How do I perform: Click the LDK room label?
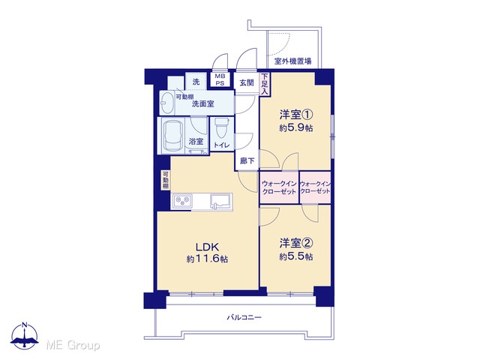pyautogui.click(x=207, y=247)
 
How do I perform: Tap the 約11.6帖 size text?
pyautogui.click(x=207, y=259)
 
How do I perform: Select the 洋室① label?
pyautogui.click(x=295, y=115)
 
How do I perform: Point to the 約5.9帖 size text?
pyautogui.click(x=295, y=128)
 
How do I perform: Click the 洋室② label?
pyautogui.click(x=295, y=243)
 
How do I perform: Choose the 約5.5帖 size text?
pyautogui.click(x=295, y=256)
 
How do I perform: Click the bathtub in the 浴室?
pyautogui.click(x=172, y=136)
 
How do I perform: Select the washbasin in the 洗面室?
pyautogui.click(x=167, y=103)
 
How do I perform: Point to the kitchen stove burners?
pyautogui.click(x=182, y=201)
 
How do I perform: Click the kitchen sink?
pyautogui.click(x=220, y=202)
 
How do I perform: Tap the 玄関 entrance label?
pyautogui.click(x=247, y=82)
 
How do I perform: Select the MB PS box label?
pyautogui.click(x=220, y=80)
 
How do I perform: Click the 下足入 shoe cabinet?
pyautogui.click(x=265, y=84)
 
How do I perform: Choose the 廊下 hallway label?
pyautogui.click(x=247, y=160)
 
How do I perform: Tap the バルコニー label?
pyautogui.click(x=244, y=317)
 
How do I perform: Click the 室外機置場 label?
pyautogui.click(x=292, y=61)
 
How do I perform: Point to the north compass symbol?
pyautogui.click(x=25, y=335)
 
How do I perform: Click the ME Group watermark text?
pyautogui.click(x=73, y=346)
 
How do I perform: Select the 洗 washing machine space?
pyautogui.click(x=196, y=82)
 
